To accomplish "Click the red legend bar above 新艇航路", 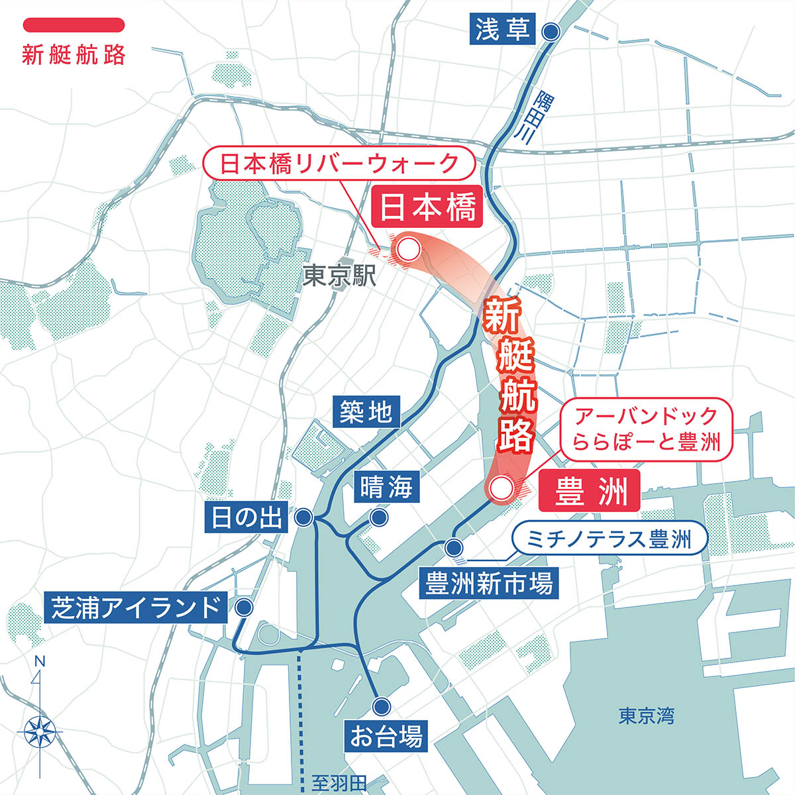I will click(74, 25).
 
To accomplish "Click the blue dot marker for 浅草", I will click(551, 31).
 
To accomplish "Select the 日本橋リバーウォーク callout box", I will click(339, 163).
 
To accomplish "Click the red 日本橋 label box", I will click(427, 209).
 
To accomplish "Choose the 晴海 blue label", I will click(386, 488).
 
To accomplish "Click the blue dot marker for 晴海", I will click(379, 518).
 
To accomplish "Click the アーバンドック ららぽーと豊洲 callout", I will click(647, 429).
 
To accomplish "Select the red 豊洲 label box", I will click(589, 492).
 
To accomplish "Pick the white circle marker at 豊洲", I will click(500, 489).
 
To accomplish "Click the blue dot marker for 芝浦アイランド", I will click(244, 607).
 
